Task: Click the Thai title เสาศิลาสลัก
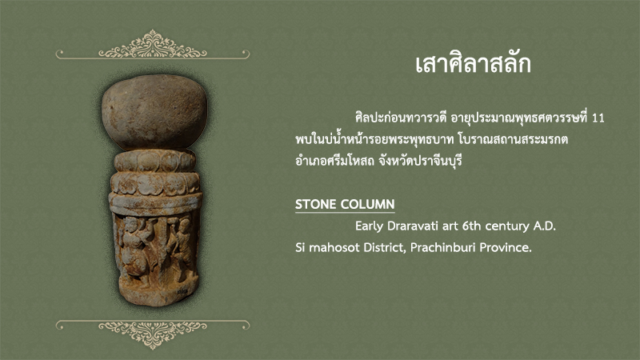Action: tap(473, 65)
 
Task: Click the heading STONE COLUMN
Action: tap(345, 204)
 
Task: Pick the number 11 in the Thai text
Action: tap(598, 118)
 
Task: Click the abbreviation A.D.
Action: tap(545, 226)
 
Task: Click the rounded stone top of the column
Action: tap(154, 111)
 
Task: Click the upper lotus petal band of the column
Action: tap(154, 161)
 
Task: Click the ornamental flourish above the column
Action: tap(153, 45)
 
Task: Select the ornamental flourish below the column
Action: tap(153, 333)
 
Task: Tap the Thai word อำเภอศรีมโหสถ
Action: tap(334, 161)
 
